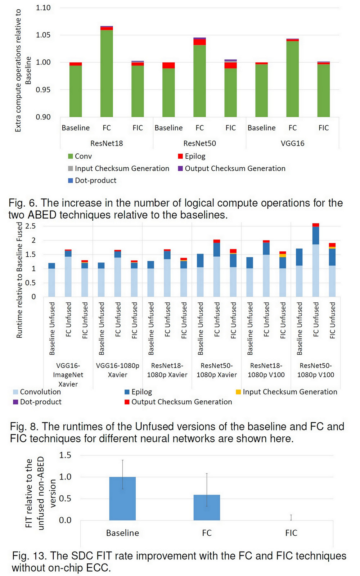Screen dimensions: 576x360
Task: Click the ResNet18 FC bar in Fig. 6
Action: coord(107,72)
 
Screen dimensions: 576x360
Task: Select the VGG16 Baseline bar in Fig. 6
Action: coord(261,90)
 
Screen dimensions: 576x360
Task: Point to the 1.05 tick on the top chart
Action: coord(43,35)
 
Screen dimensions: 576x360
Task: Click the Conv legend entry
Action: coord(83,156)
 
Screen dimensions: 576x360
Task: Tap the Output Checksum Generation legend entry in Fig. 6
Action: coord(235,168)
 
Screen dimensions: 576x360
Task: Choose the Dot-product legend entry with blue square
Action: coord(95,180)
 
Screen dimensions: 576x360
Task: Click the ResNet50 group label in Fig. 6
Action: coord(199,143)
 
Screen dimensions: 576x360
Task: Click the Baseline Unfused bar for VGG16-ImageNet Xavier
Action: coord(51,281)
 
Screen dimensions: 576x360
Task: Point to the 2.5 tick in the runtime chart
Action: coord(31,226)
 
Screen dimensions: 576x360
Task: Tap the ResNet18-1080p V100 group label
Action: coord(266,370)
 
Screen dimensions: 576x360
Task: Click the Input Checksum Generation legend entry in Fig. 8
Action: coord(290,392)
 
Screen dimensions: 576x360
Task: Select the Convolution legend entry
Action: coord(40,392)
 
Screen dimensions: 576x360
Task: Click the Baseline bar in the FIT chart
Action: coord(122,499)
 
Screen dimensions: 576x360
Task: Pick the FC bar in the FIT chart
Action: coord(207,508)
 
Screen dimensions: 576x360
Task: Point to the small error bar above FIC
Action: coord(291,517)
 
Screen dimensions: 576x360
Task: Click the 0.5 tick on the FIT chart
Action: coord(65,499)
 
